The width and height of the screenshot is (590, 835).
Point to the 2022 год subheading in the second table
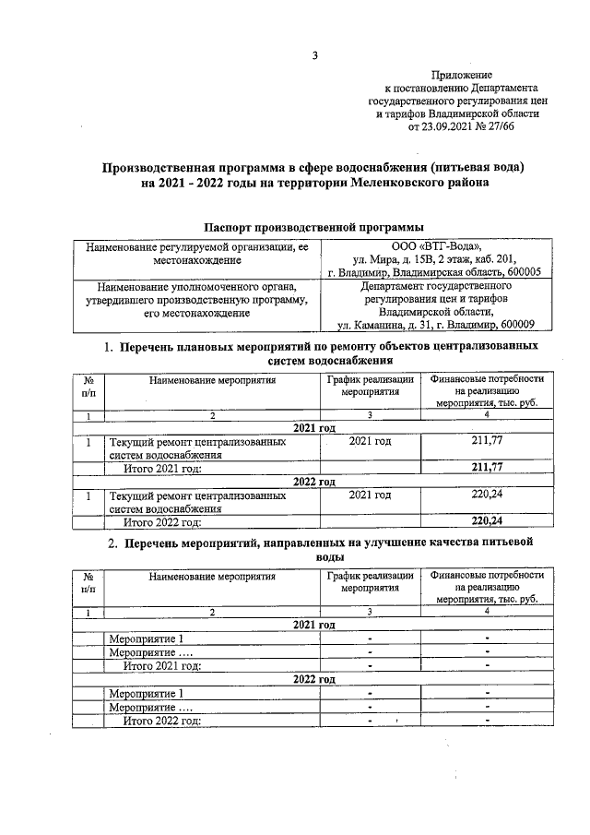click(313, 679)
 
